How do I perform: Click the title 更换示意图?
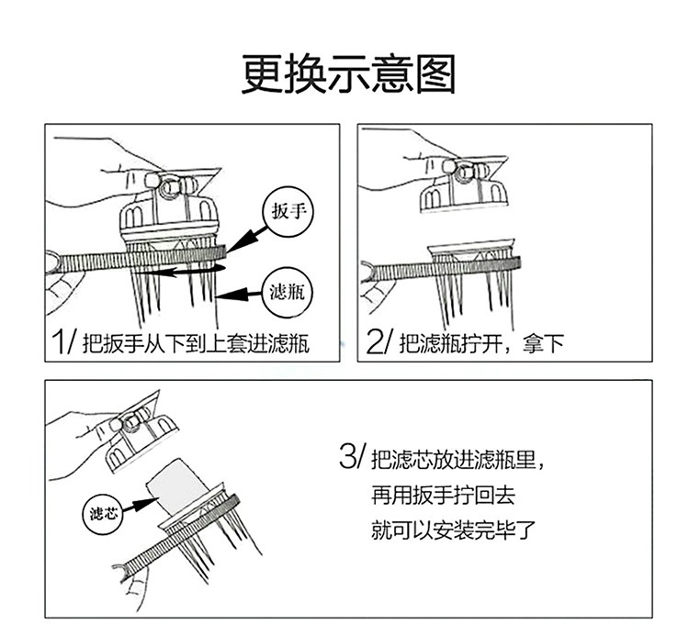coord(348,74)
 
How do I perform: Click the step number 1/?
coord(64,343)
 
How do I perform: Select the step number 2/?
coord(379,343)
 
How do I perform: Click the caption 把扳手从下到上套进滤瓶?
coord(196,345)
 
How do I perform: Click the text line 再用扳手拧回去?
coord(443,496)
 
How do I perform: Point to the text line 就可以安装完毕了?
coord(454,530)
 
